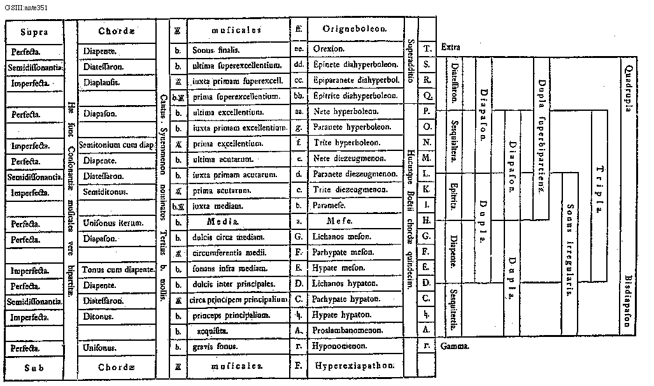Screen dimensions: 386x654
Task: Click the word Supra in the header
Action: tap(34, 32)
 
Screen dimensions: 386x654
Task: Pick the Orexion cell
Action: tap(329, 49)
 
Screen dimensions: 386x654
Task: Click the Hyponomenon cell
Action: tap(338, 347)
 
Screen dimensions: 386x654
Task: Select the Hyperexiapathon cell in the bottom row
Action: tap(355, 366)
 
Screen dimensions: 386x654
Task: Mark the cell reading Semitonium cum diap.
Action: tap(120, 145)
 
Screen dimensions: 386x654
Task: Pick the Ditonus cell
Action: tap(101, 316)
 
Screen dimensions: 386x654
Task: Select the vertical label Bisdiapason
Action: tap(629, 300)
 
